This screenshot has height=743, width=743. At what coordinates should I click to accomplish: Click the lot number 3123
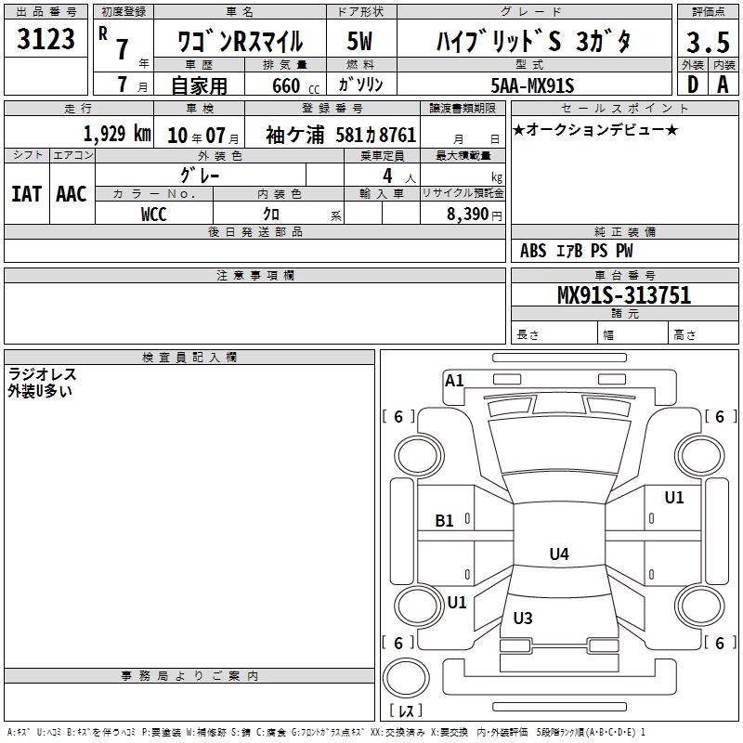point(46,39)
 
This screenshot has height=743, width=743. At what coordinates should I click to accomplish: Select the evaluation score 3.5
point(708,42)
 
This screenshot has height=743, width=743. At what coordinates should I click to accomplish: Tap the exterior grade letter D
point(693,85)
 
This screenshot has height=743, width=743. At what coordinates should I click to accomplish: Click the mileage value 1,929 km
point(117,134)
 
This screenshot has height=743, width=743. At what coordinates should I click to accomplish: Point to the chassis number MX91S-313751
point(624,294)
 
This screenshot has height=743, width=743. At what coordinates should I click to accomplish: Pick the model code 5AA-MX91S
point(532,85)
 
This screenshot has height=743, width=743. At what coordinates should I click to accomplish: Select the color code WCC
point(153,215)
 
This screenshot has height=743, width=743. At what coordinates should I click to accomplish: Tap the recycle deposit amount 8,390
point(467,215)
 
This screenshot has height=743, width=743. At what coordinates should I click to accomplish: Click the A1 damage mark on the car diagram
point(454,381)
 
